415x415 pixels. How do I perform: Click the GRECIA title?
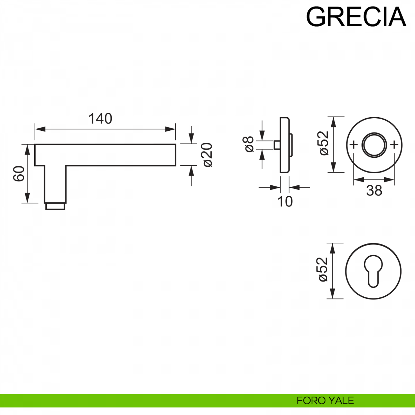(356, 17)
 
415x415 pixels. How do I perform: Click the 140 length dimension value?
(100, 119)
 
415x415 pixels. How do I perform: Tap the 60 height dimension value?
(19, 174)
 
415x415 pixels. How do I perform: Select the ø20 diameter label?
(207, 155)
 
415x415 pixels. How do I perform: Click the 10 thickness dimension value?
(285, 202)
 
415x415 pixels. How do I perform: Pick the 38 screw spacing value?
(374, 191)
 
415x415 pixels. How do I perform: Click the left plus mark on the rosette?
(353, 145)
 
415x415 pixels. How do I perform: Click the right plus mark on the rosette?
(394, 145)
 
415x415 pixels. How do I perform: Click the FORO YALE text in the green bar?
(325, 400)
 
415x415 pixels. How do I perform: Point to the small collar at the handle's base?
(55, 206)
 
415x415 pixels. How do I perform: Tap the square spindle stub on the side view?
(277, 145)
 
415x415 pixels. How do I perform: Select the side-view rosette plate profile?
(285, 145)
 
